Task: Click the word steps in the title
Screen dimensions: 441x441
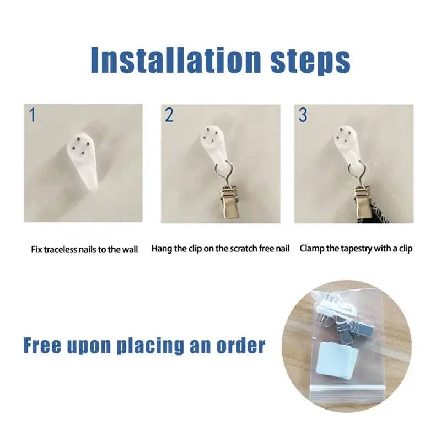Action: (x=310, y=61)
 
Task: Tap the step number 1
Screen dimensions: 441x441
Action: (x=33, y=115)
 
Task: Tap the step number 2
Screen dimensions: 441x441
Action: (x=169, y=115)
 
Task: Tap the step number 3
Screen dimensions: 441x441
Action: (x=303, y=115)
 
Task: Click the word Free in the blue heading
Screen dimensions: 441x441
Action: (x=42, y=345)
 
